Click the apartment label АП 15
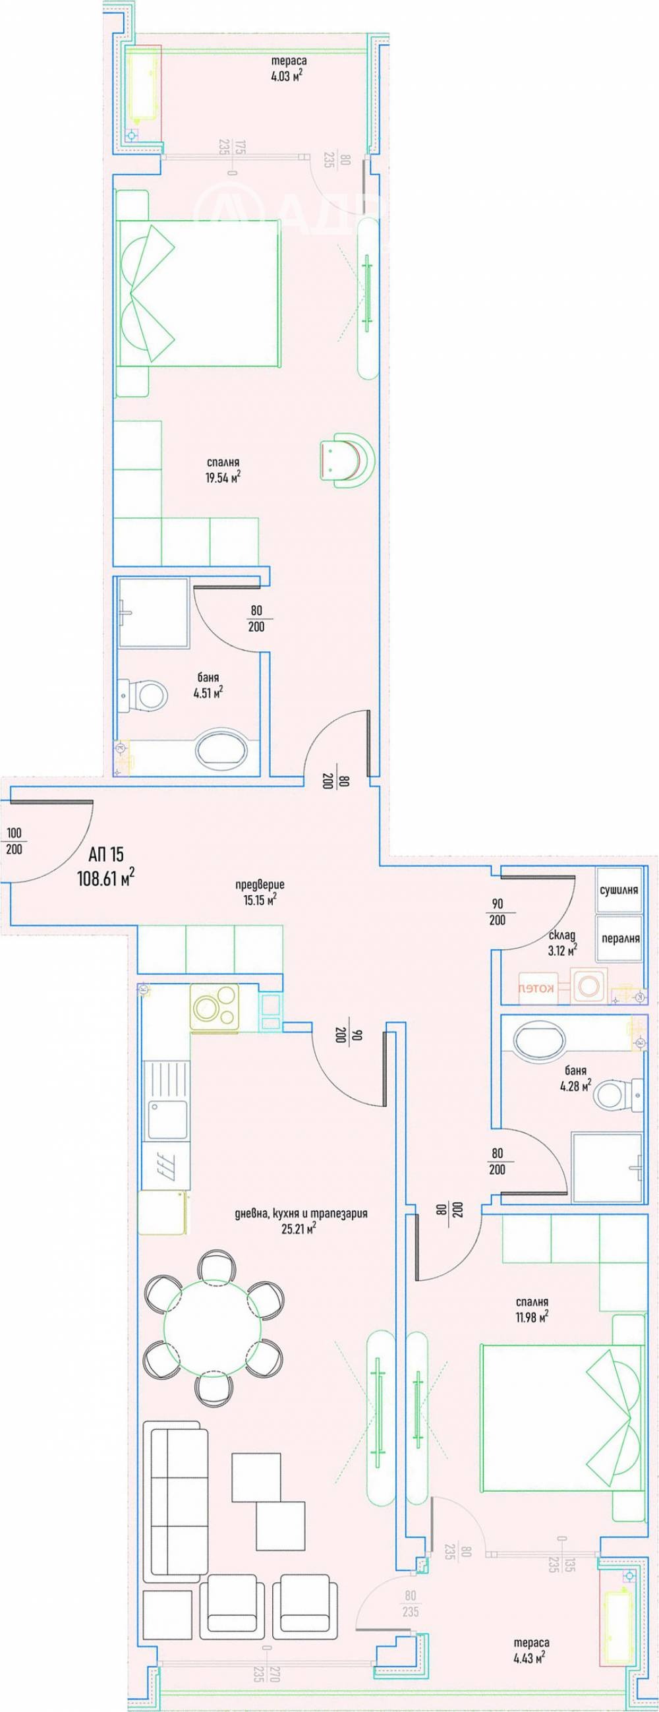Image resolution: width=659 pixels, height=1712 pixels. coord(106,853)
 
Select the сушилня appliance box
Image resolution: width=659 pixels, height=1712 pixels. coord(619,890)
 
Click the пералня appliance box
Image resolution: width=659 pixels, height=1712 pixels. coord(619,939)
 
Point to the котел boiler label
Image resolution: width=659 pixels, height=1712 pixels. coord(537,988)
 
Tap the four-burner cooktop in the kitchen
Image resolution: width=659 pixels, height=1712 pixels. coord(215,1007)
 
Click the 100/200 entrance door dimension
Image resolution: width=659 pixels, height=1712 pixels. coord(14,841)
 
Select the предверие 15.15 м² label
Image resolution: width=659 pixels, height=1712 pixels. coord(260,892)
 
